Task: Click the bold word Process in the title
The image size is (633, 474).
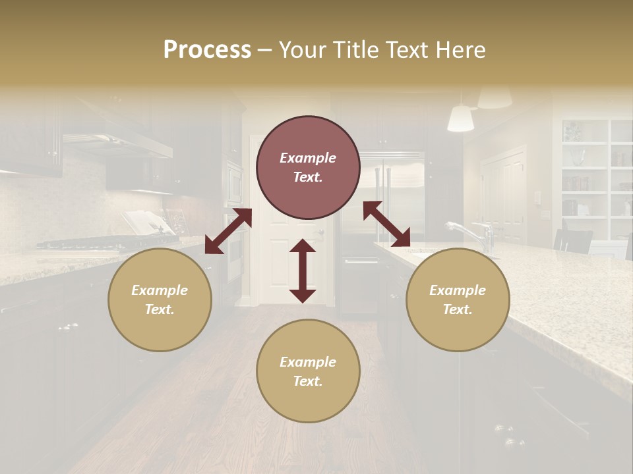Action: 207,50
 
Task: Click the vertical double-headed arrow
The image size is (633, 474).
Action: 303,271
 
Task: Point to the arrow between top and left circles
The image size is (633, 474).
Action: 227,231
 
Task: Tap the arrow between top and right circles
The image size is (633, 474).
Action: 386,224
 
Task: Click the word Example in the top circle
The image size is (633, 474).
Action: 308,158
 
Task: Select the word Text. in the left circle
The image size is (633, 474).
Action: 160,309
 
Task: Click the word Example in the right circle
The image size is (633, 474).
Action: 458,290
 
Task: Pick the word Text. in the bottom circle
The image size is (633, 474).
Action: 308,381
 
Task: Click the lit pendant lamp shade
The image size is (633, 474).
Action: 460,118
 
